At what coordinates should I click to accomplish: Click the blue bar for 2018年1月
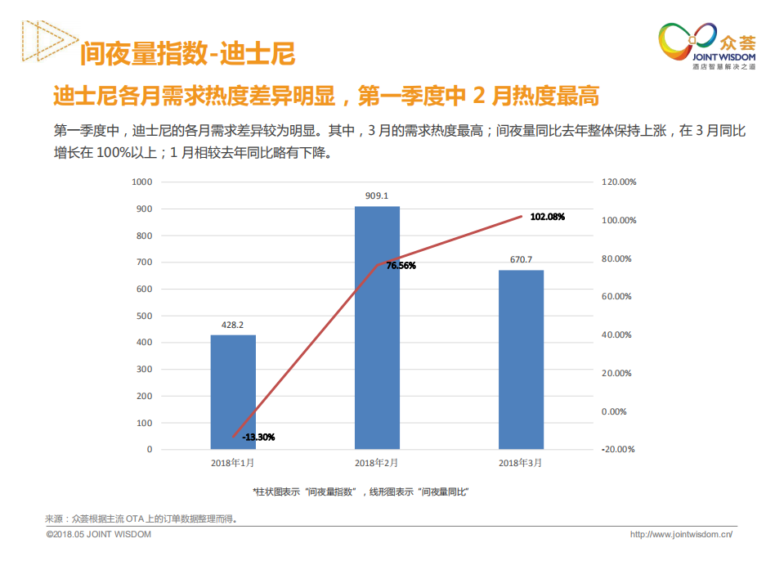tap(233, 392)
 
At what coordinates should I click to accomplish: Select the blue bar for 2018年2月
tap(377, 327)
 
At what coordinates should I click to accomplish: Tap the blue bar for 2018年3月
tap(521, 359)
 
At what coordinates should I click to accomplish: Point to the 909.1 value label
tap(377, 196)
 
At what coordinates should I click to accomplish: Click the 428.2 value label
tap(233, 325)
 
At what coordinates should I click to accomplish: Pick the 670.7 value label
tap(521, 260)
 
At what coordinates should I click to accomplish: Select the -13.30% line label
tap(258, 438)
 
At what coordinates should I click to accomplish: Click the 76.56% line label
tap(401, 266)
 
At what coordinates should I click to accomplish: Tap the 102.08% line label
tap(547, 217)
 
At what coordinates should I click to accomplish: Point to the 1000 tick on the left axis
tap(142, 182)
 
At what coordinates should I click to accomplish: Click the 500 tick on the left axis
tap(145, 316)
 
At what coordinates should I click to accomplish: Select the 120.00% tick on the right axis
tap(619, 182)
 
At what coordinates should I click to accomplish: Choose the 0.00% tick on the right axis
tap(614, 411)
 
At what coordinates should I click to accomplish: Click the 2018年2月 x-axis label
tap(377, 463)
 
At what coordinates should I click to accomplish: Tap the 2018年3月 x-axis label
tap(521, 463)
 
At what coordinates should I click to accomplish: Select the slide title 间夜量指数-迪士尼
tap(187, 55)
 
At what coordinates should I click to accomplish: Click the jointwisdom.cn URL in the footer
tap(681, 534)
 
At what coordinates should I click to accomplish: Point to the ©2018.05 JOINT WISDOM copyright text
tap(99, 534)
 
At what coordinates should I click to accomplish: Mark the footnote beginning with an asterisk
tap(360, 491)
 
